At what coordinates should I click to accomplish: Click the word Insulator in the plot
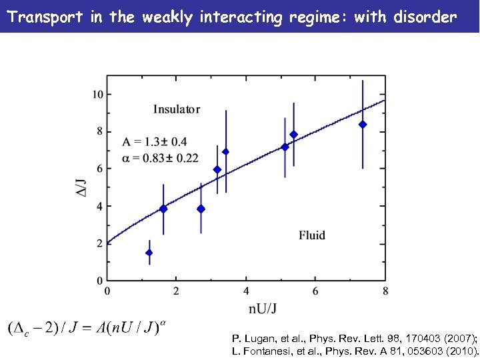[x=177, y=109]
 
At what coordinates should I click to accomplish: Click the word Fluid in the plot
[x=312, y=235]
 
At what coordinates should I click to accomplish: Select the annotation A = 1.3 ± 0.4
[x=155, y=141]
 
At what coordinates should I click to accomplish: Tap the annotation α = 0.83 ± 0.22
[x=160, y=158]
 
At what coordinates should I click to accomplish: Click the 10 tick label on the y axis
[x=97, y=95]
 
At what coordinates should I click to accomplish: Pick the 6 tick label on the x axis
[x=315, y=291]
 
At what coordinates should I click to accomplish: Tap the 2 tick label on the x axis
[x=177, y=291]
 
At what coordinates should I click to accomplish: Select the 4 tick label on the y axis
[x=100, y=206]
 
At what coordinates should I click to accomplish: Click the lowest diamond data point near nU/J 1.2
[x=149, y=253]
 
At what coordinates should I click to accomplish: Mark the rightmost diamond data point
[x=363, y=125]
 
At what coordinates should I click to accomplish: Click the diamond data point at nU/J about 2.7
[x=201, y=209]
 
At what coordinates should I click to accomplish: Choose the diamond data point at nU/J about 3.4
[x=226, y=152]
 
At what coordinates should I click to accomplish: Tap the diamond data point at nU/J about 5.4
[x=293, y=135]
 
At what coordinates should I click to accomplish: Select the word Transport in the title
[x=45, y=17]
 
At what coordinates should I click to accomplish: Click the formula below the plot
[x=87, y=329]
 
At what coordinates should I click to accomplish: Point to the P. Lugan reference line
[x=353, y=339]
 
